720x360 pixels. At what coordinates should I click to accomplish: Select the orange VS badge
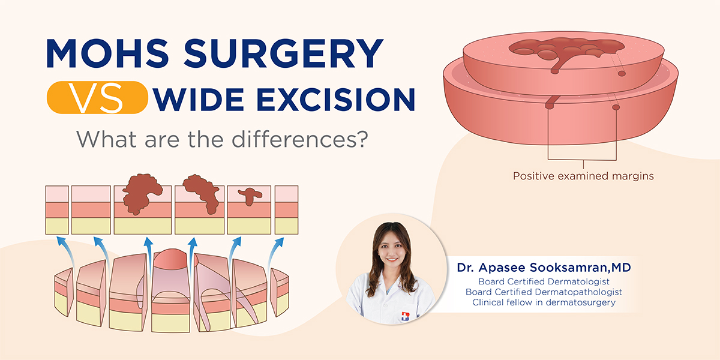click(x=97, y=98)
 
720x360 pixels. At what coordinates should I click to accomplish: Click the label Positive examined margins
click(x=583, y=176)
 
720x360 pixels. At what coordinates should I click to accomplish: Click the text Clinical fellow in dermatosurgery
click(x=544, y=302)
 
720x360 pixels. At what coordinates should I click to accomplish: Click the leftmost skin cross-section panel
click(x=56, y=209)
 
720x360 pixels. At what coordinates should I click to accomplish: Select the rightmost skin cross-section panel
click(x=286, y=209)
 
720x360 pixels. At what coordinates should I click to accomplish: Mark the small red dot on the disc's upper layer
click(x=622, y=73)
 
